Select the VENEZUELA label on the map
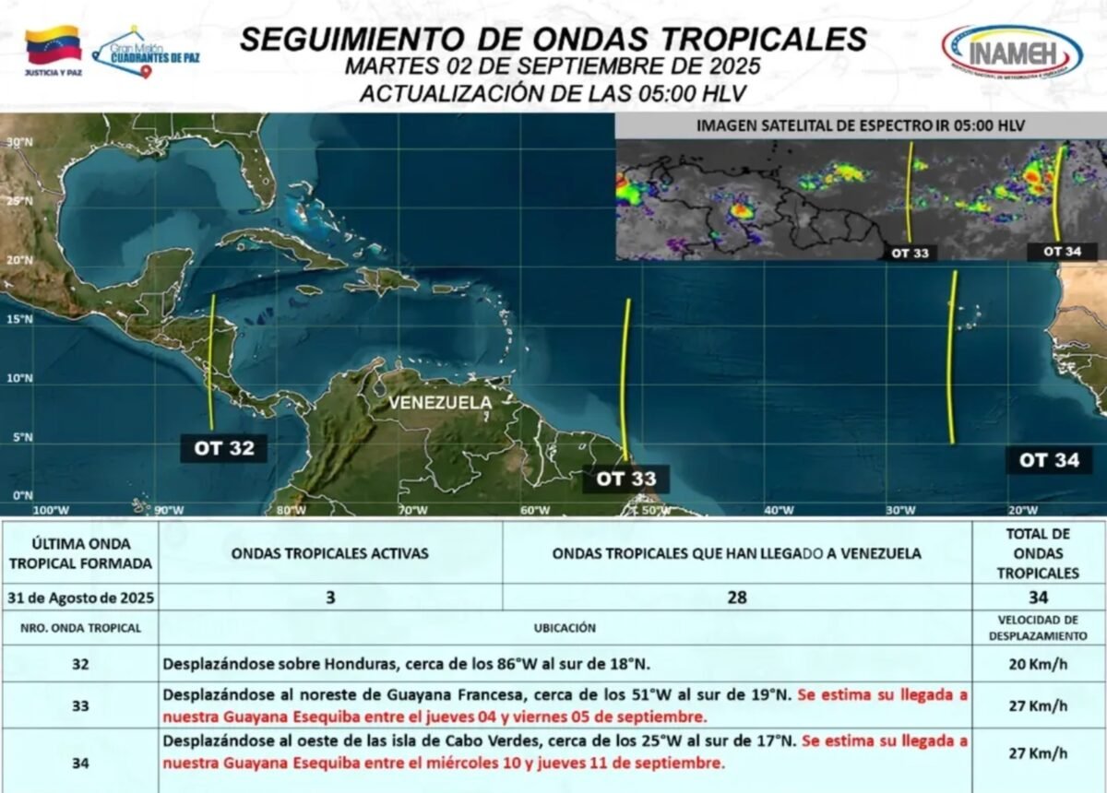440,403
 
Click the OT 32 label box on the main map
223,449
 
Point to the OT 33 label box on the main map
625,479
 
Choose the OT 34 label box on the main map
1049,460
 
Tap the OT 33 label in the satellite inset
909,252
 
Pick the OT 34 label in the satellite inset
1056,250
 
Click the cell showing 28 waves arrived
736,598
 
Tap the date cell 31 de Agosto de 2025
80,598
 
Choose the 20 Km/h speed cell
1038,663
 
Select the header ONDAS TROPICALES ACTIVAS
329,553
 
